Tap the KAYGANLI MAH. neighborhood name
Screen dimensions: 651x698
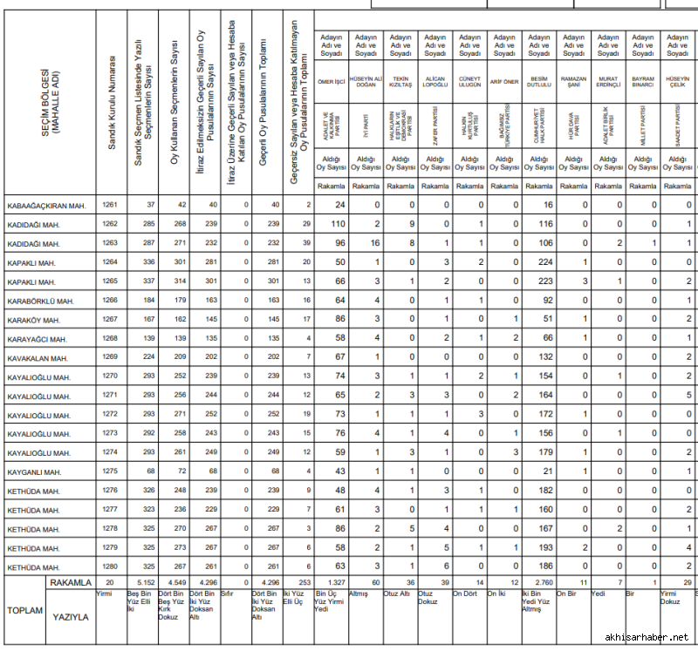click(34, 472)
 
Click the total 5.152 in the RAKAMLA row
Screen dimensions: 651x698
click(146, 581)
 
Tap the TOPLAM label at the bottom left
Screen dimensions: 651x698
click(24, 610)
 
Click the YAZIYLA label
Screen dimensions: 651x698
click(72, 616)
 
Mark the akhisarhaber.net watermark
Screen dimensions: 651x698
click(645, 638)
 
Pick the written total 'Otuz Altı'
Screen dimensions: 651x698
click(397, 594)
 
